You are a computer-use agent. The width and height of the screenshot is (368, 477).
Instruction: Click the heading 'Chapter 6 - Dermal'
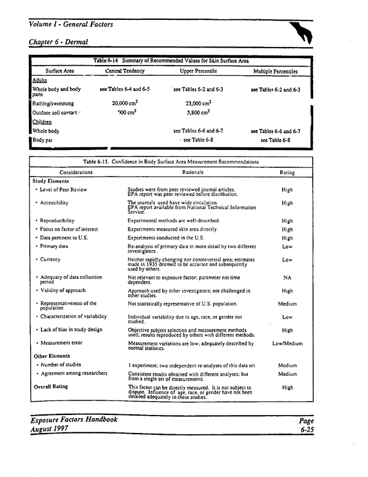[58, 42]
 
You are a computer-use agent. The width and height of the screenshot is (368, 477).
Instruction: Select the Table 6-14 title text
[170, 61]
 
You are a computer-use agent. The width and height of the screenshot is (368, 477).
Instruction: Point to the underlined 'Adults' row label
[40, 80]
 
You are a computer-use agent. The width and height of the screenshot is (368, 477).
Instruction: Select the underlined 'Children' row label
[43, 121]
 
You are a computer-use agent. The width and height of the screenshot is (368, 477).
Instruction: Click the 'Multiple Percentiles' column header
[275, 71]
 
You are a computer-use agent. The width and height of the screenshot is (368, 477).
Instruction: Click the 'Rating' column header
[287, 172]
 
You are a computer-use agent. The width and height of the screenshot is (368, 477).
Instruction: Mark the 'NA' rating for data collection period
[287, 278]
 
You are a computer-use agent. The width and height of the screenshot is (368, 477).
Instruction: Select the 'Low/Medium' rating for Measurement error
[287, 343]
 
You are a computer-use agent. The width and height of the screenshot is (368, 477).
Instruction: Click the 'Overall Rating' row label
[51, 387]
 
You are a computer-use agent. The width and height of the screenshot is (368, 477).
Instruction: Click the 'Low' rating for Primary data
[287, 246]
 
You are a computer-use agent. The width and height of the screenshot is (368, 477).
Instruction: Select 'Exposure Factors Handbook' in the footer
[72, 419]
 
